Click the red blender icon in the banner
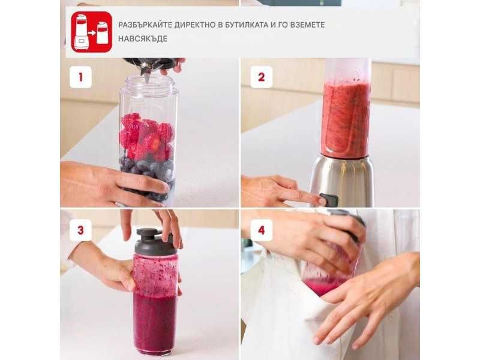click(92, 32)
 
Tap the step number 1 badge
click(80, 77)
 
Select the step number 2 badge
click(262, 77)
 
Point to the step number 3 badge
click(80, 230)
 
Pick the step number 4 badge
click(262, 230)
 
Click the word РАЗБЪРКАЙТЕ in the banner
click(145, 25)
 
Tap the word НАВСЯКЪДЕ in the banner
click(143, 39)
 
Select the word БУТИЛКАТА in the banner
click(247, 25)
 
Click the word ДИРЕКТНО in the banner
click(195, 25)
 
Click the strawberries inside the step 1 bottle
click(146, 136)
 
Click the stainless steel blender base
click(342, 181)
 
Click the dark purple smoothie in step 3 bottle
click(155, 322)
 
